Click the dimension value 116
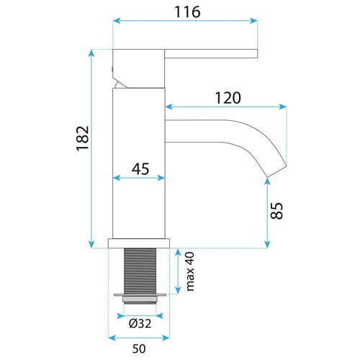185,12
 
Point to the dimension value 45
140,170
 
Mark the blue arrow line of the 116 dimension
185,22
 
